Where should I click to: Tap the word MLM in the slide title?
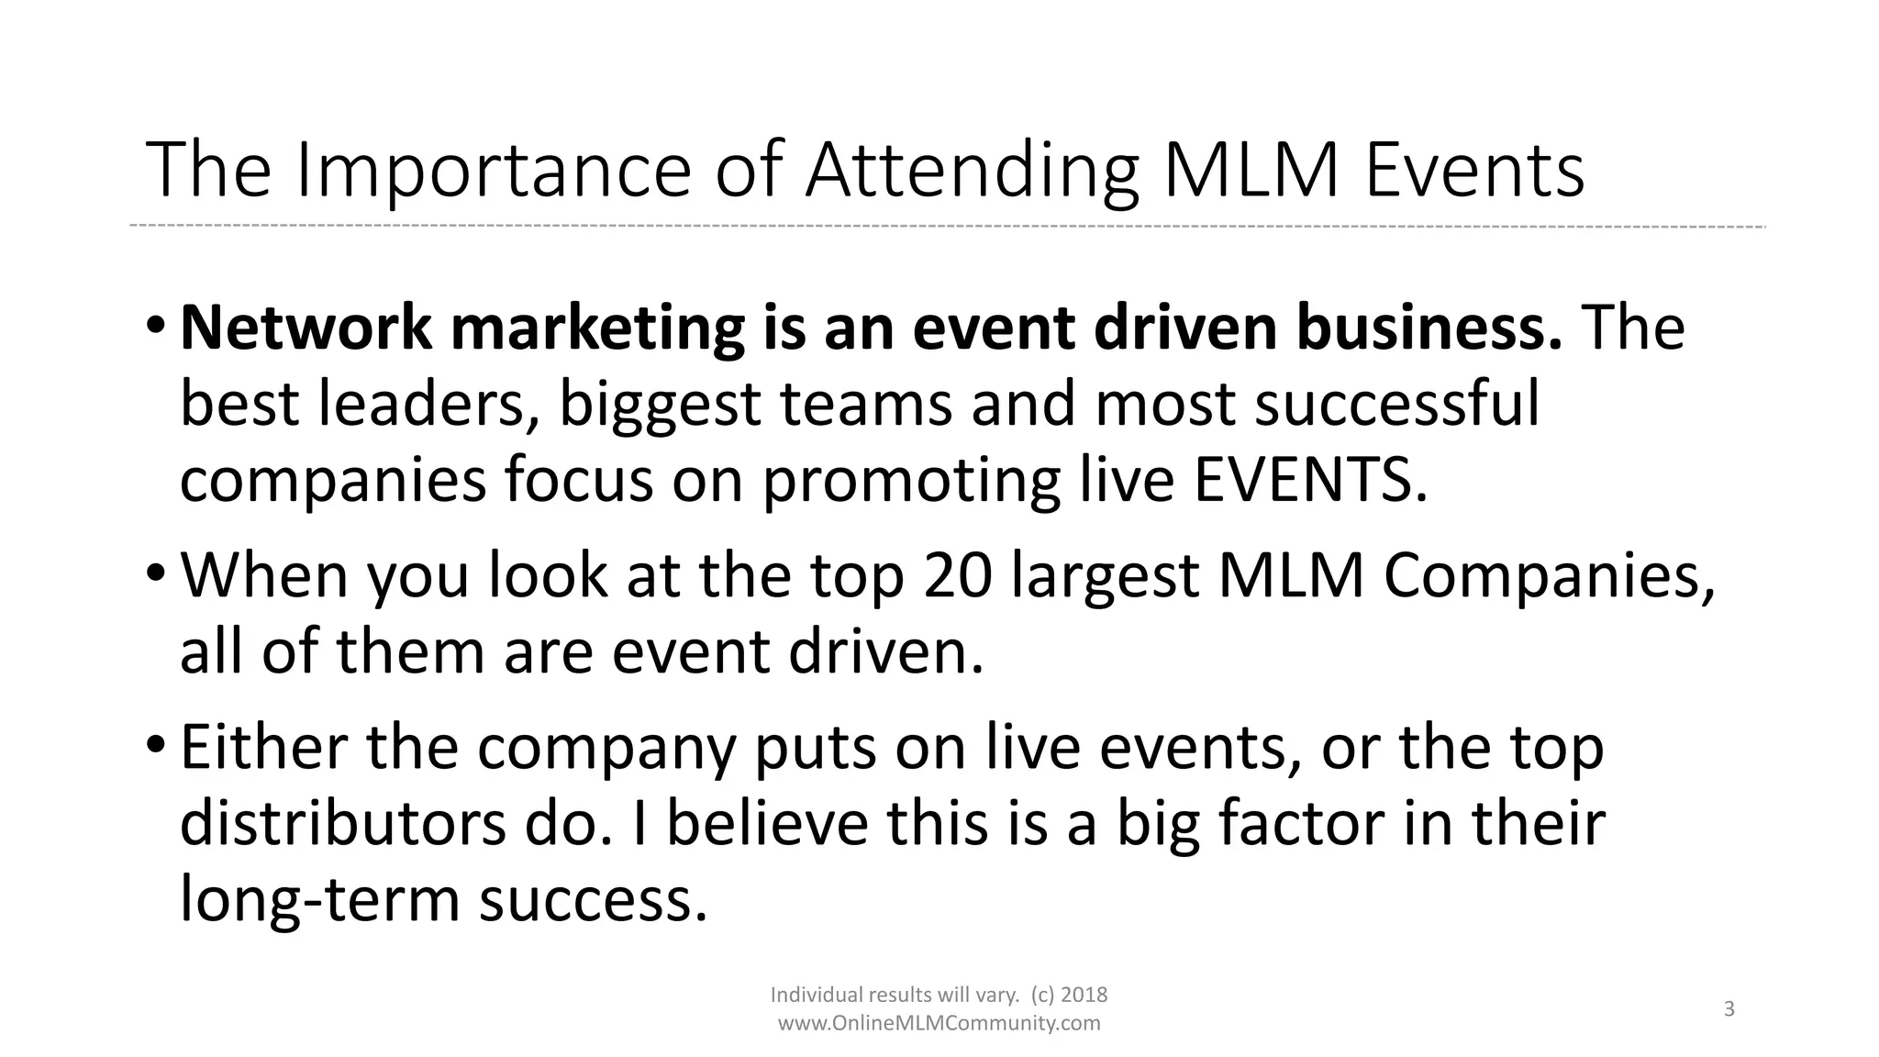[1252, 171]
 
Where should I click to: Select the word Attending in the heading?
[972, 171]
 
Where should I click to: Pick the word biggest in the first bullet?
[660, 405]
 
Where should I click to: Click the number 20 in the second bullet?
[959, 576]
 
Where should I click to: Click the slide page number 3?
[1729, 1009]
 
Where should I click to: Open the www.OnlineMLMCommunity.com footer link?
[939, 1023]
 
